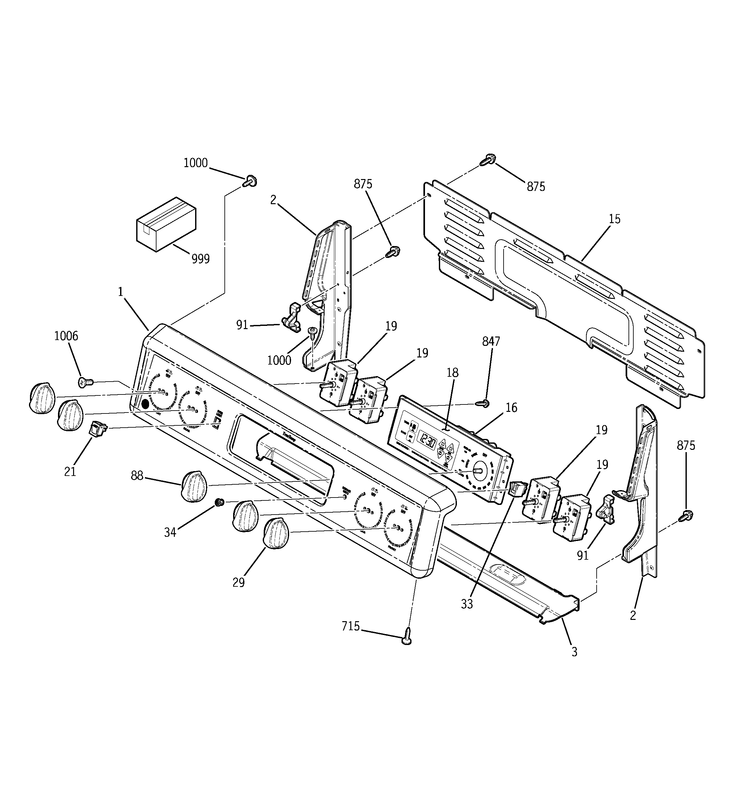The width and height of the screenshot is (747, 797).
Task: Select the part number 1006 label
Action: (66, 336)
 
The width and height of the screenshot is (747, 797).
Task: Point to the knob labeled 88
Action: (194, 486)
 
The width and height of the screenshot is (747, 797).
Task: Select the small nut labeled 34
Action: (219, 502)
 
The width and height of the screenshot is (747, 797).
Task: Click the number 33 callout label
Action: (467, 604)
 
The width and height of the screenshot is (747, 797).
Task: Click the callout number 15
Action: (614, 219)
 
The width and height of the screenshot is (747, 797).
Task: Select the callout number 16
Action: (511, 408)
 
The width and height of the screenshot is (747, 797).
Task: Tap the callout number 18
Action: (452, 373)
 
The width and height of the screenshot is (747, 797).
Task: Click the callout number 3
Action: (574, 652)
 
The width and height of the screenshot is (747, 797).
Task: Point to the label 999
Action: (201, 259)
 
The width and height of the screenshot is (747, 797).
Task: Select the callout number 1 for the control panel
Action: (120, 292)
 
